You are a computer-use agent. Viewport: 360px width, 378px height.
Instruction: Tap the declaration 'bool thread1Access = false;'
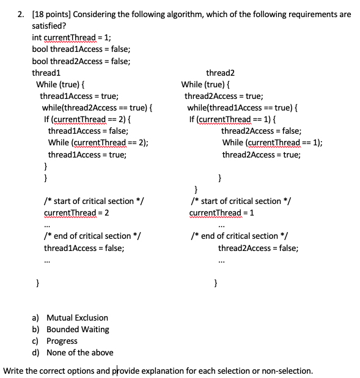81,49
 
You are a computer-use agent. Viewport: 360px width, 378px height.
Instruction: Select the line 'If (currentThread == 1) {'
233,119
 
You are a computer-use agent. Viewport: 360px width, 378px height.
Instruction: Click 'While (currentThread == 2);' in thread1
98,142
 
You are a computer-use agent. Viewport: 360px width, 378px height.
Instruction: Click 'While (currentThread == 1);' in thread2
273,142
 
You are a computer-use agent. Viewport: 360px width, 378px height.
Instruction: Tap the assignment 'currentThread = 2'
76,213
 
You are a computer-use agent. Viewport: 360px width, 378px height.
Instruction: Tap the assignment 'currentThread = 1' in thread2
222,213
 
